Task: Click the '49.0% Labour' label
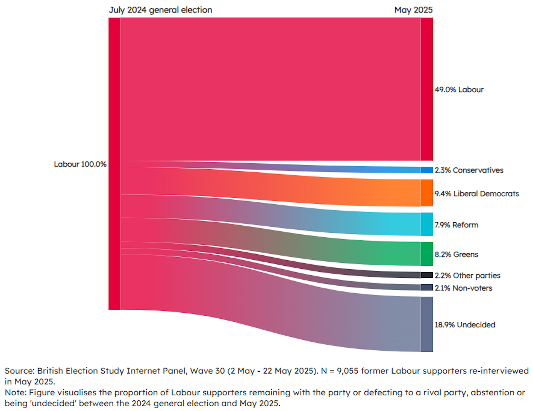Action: pos(459,90)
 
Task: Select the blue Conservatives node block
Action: pos(427,170)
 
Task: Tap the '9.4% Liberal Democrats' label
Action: pos(477,194)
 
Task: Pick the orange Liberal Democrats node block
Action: pos(427,193)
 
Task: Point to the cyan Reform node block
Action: pos(427,224)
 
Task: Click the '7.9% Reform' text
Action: pos(456,225)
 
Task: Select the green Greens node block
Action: pos(427,254)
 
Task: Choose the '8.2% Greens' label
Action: pos(456,254)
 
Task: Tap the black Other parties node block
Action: pos(427,275)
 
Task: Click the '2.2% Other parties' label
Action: pos(467,275)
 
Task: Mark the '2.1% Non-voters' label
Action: pos(463,288)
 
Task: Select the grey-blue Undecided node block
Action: pos(427,324)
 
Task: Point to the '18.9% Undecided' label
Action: pos(465,325)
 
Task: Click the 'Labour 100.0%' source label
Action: pos(80,164)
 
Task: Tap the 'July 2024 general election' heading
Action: pos(160,10)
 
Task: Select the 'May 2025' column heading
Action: pos(413,10)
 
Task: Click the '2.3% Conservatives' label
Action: pos(469,170)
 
